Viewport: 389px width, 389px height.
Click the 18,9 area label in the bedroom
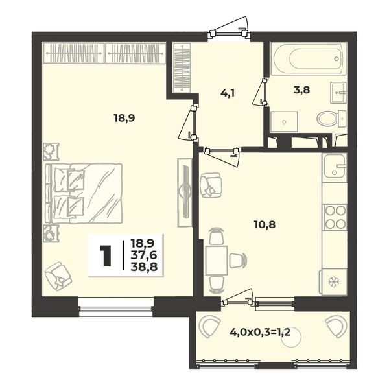124,119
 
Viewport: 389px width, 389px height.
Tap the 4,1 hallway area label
228,93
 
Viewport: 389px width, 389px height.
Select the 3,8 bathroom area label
301,90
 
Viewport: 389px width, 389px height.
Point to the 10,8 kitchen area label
265,225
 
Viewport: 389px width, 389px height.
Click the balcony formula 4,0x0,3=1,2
260,332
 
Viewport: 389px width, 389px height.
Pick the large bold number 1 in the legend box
105,256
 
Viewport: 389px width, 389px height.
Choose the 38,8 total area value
145,266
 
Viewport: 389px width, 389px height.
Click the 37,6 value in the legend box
145,255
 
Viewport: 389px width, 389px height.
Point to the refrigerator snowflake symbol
334,282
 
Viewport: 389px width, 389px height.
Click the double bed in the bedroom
84,193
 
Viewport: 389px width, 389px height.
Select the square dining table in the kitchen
217,260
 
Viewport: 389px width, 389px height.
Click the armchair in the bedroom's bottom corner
58,276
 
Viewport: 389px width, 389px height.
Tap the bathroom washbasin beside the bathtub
338,93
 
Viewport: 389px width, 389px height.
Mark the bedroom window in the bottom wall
115,307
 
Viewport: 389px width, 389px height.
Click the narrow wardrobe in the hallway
182,67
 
